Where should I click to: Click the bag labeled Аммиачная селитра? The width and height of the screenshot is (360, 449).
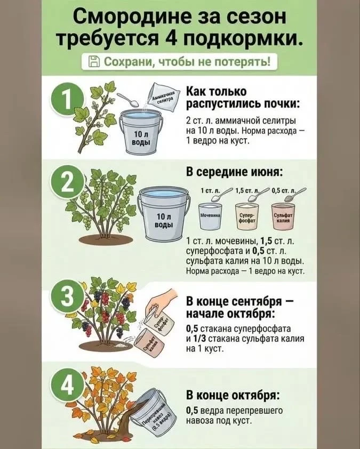click(x=163, y=98)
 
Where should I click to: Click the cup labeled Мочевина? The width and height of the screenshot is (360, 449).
click(x=210, y=216)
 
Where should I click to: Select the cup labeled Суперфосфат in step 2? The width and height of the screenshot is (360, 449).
click(x=246, y=216)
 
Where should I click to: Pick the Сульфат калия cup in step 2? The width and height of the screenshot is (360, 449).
click(x=283, y=216)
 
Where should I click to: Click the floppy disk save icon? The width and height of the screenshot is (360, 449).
click(x=94, y=61)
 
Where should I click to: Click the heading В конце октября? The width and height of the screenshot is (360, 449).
click(x=233, y=396)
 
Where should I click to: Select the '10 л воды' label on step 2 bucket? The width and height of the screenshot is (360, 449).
click(x=164, y=220)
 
